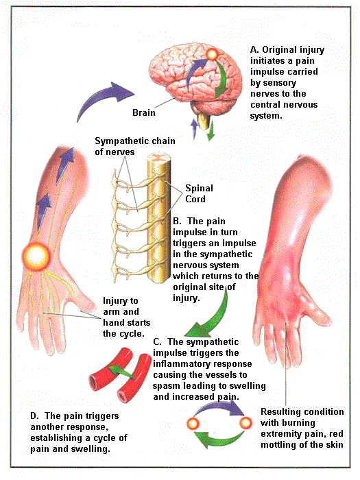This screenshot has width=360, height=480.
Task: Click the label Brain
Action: [144, 112]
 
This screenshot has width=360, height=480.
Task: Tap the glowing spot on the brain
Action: [211, 54]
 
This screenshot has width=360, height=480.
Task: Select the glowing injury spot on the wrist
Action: [36, 256]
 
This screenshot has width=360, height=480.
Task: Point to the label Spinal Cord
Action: [199, 193]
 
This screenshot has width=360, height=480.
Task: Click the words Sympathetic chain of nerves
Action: [135, 146]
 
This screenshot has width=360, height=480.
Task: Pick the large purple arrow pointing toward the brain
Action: [104, 98]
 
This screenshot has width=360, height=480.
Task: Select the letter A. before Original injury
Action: [254, 49]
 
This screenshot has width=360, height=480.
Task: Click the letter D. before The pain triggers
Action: [34, 416]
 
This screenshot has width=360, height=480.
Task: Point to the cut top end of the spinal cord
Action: [158, 158]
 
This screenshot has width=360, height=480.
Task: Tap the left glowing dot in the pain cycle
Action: [193, 424]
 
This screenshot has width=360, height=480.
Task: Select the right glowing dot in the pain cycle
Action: [245, 423]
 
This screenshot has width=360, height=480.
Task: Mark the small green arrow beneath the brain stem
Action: [211, 131]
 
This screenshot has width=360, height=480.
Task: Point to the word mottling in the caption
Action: [279, 444]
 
